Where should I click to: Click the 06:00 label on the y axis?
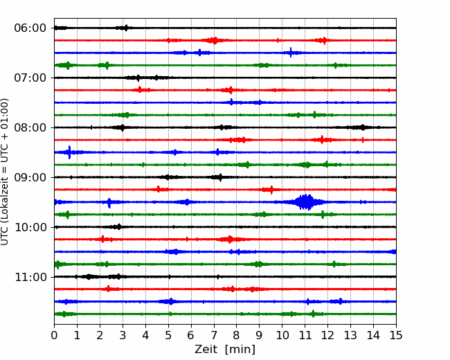coord(30,28)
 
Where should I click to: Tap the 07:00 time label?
coord(30,78)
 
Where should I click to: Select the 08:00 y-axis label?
coord(30,127)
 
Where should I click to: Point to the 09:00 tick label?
coord(30,177)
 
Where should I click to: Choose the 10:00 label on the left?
coord(30,227)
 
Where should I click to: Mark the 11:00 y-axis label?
coord(30,277)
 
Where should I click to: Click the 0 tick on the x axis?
coord(54,335)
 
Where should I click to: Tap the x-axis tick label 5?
coord(168,335)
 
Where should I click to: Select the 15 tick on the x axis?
coord(396,335)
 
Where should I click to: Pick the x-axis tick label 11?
coord(305,335)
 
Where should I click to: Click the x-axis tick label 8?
coord(237,335)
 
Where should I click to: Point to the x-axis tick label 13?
coord(350,335)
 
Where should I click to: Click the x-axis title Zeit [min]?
coord(225,350)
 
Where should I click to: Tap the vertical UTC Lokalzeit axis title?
coord(5,172)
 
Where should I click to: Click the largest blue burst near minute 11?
coord(306,202)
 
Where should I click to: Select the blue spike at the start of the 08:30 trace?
coord(69,152)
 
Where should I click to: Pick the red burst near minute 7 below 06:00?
coord(213,40)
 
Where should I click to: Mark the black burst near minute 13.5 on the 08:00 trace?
coord(363,127)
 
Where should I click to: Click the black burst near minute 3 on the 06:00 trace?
coord(125,28)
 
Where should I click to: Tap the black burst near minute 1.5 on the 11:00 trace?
coord(89,277)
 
